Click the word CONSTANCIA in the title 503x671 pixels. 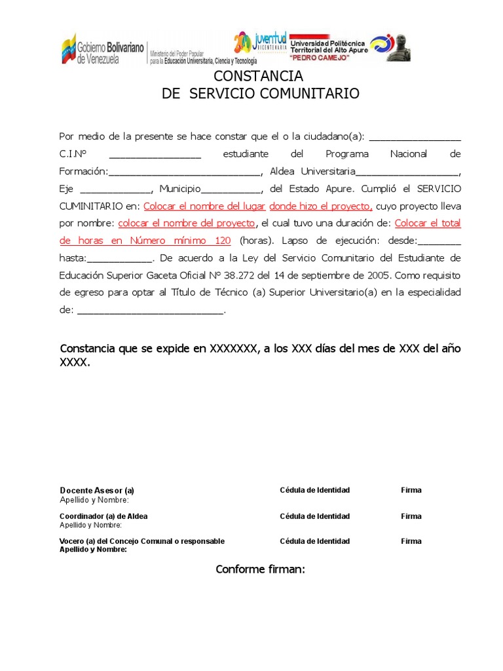[258, 77]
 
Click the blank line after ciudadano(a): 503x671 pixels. [415, 137]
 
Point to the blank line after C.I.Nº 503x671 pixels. [155, 155]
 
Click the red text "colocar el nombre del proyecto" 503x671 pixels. [190, 223]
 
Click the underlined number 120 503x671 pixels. [218, 240]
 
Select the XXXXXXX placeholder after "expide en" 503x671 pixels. [233, 349]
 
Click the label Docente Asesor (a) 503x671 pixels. [97, 491]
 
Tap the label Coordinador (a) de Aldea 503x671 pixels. [103, 516]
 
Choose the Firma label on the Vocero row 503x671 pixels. [411, 541]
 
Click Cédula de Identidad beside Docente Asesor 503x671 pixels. [314, 490]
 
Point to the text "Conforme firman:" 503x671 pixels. [261, 569]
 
